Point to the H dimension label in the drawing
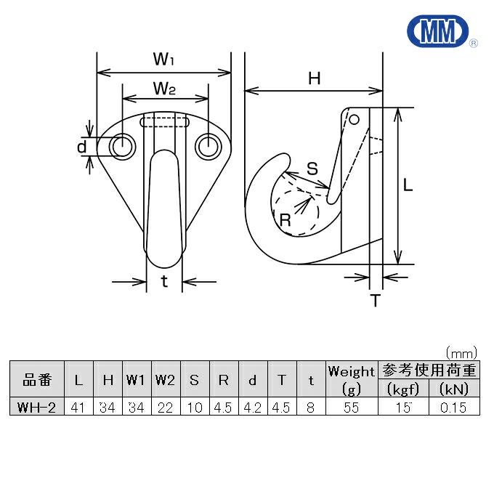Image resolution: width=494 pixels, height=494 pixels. point(314,78)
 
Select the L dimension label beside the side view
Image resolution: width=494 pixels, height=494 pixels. point(408,186)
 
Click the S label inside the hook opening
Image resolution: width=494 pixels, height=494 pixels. point(312,169)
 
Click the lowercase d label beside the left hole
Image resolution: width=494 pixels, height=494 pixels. point(82,147)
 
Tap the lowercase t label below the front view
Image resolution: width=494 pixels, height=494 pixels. point(165,282)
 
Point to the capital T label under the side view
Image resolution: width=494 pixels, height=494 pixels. point(376,300)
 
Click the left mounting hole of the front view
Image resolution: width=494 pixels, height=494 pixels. point(122,147)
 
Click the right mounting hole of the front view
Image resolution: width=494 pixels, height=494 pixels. point(208,147)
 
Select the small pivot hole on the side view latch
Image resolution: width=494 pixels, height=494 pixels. point(354,118)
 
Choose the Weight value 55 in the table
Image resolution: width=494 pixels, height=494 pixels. point(352,407)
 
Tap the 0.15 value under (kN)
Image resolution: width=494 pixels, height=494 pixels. point(453,407)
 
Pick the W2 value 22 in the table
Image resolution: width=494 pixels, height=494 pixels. point(165,407)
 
